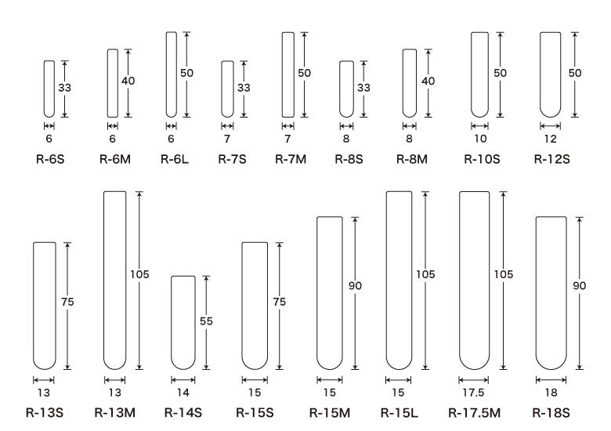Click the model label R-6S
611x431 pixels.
pos(50,159)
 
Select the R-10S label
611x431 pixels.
pos(482,159)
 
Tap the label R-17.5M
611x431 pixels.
pos(474,413)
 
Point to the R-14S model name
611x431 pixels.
pos(183,413)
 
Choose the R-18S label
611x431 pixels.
pos(551,413)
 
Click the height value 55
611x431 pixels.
pos(206,321)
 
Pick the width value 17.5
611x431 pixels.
pos(473,393)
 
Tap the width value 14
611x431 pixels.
pos(183,393)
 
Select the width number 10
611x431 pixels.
pos(480,139)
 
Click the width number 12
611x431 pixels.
pos(550,139)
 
